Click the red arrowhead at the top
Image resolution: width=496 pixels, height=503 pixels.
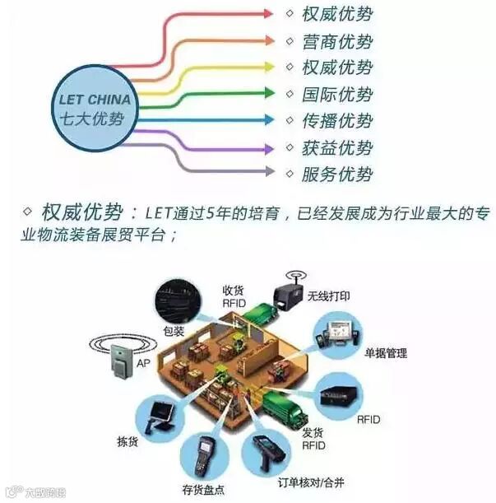[268, 14]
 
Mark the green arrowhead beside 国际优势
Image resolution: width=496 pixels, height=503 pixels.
[268, 94]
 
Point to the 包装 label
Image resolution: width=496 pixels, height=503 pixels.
[174, 332]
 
